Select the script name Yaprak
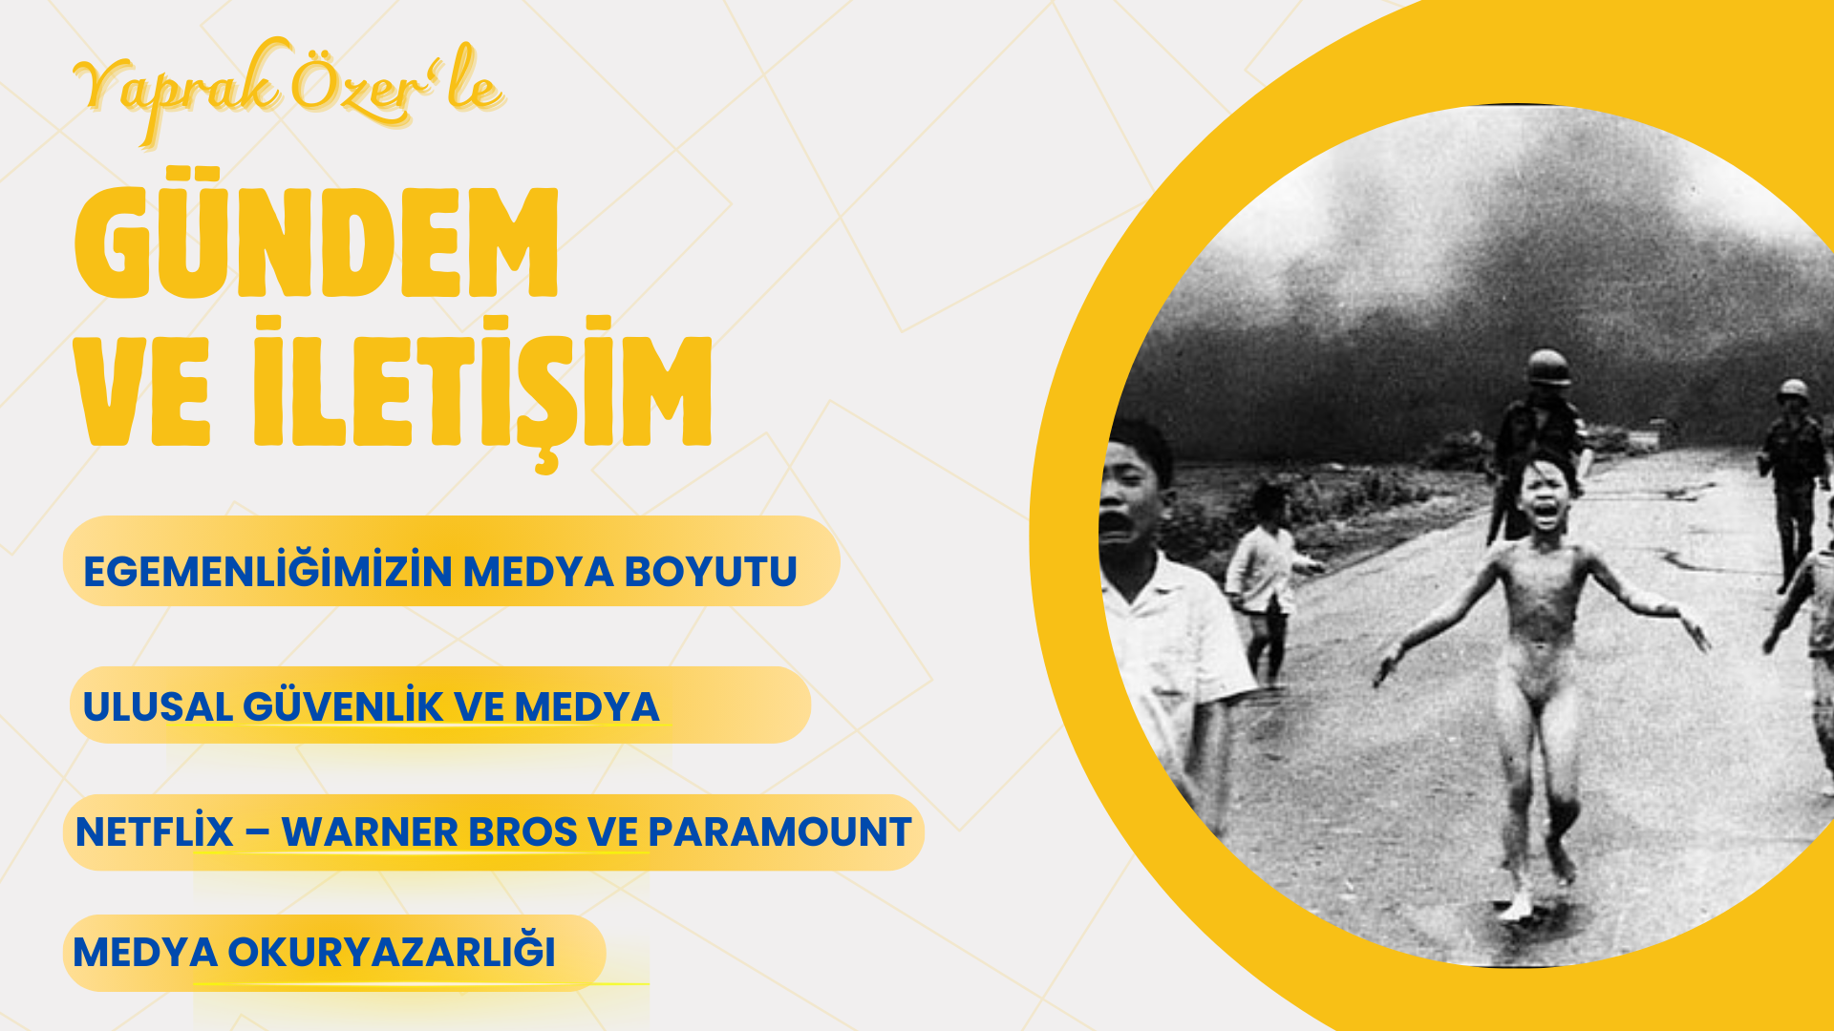click(178, 90)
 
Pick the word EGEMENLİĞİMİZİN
click(267, 571)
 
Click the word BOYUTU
click(711, 572)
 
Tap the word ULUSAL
click(158, 707)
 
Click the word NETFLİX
click(154, 831)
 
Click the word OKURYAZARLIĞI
click(391, 951)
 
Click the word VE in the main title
click(142, 393)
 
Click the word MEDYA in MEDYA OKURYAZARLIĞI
click(144, 952)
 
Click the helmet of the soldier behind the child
click(1548, 368)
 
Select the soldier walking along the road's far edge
click(1793, 482)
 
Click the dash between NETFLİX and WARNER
click(257, 832)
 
